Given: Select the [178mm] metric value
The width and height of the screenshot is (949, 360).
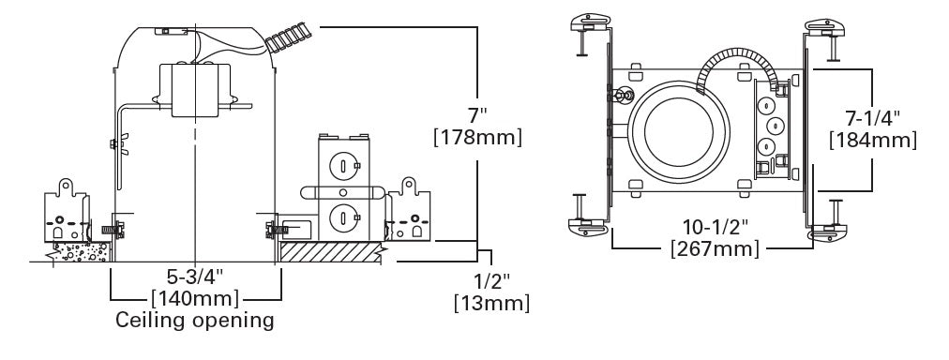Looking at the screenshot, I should click(x=477, y=137).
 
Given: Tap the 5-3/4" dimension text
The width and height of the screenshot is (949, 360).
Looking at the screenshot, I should click(x=195, y=278).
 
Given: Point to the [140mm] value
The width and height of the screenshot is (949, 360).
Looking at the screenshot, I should click(x=195, y=299).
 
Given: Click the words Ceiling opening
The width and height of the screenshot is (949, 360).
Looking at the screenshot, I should click(x=195, y=321).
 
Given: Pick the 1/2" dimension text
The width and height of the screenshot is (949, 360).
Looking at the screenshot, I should click(x=490, y=281).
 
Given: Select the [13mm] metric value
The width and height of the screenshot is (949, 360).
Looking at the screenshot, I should click(x=490, y=303).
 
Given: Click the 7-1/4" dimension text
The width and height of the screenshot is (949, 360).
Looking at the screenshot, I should click(x=873, y=118).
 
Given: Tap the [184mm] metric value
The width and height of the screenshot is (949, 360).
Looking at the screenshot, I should click(x=873, y=140).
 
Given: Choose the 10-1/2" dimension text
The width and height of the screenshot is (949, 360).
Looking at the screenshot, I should click(x=713, y=227).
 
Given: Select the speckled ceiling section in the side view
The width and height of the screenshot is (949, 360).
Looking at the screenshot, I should click(x=83, y=250).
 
